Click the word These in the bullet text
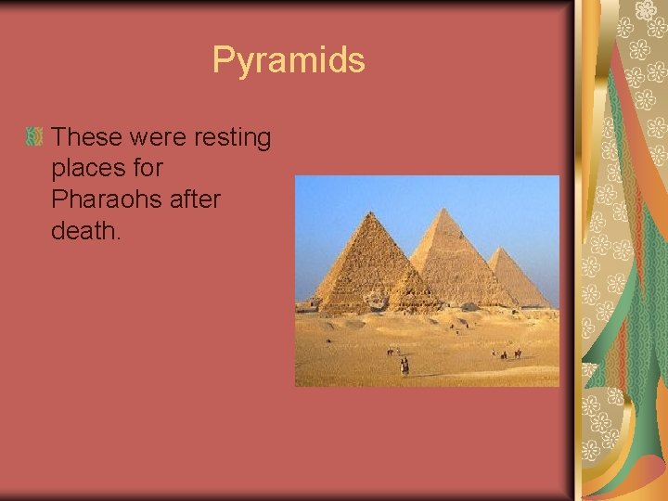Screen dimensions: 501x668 (87, 137)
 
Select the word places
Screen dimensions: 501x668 (92, 169)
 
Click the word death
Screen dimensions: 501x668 (83, 230)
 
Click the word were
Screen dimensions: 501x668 (158, 137)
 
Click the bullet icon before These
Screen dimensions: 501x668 (34, 137)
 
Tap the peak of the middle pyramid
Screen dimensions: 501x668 (444, 209)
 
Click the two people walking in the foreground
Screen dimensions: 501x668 (404, 366)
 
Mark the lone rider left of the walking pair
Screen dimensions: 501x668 (391, 352)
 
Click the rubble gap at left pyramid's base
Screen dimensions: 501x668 (377, 302)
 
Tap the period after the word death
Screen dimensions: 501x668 (119, 238)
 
